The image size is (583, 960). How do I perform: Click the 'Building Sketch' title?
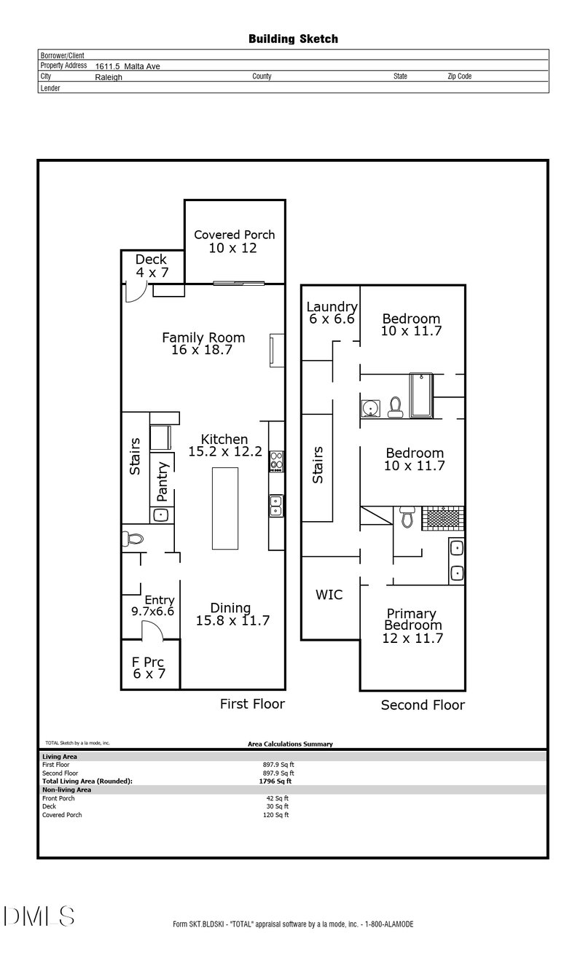(293, 39)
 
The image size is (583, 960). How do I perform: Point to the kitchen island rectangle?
(225, 508)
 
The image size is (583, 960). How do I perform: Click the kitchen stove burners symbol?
(277, 461)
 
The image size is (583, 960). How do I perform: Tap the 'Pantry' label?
(163, 481)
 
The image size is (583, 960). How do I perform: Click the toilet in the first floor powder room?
(133, 539)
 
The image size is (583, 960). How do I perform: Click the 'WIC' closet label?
(329, 595)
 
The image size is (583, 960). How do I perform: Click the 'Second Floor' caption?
(423, 705)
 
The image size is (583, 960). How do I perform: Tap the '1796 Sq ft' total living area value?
(270, 781)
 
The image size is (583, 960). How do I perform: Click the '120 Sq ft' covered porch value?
(277, 815)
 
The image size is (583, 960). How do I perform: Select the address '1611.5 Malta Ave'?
(128, 66)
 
